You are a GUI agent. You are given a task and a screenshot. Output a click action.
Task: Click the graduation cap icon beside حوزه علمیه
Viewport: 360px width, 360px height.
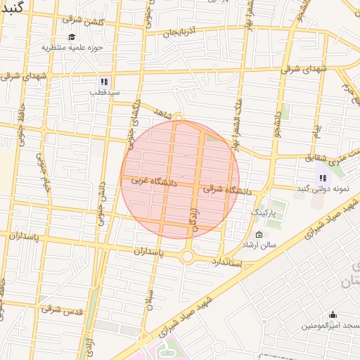pyautogui.click(x=72, y=37)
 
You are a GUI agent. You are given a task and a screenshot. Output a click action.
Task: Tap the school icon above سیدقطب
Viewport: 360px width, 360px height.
pyautogui.click(x=104, y=82)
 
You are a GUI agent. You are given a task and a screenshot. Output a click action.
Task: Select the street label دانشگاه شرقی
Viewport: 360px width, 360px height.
pyautogui.click(x=227, y=190)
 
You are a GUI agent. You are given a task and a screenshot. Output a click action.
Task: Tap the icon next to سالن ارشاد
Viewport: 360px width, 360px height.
pyautogui.click(x=259, y=235)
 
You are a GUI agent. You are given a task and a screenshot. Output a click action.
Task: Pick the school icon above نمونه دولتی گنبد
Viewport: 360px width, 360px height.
pyautogui.click(x=323, y=178)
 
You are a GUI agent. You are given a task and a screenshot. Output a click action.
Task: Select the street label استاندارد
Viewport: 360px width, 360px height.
pyautogui.click(x=227, y=262)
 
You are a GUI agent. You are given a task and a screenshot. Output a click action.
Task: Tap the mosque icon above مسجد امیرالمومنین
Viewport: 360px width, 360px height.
pyautogui.click(x=332, y=314)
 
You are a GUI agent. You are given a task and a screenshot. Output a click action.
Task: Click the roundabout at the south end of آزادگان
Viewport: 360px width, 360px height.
pyautogui.click(x=187, y=257)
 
